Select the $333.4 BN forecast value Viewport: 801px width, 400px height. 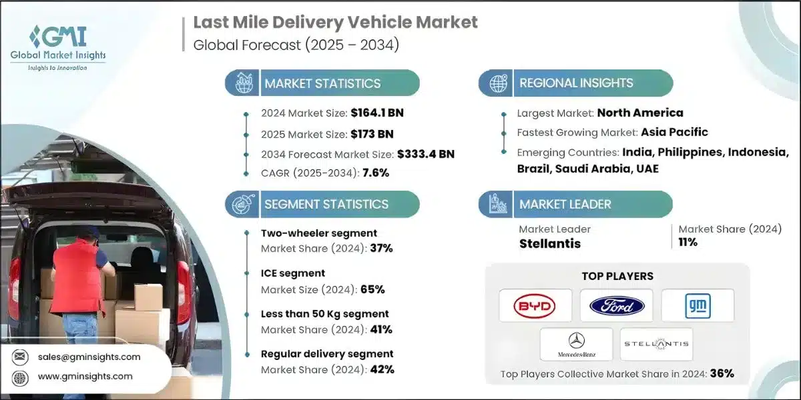[425, 154]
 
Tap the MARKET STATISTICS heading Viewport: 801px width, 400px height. [322, 83]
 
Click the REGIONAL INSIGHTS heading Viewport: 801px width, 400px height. [576, 83]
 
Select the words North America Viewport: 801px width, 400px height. [639, 113]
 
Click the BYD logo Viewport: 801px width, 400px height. [535, 306]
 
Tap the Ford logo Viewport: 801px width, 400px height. [617, 306]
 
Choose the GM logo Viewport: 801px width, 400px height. [698, 306]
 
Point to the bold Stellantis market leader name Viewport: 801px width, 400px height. [550, 243]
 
